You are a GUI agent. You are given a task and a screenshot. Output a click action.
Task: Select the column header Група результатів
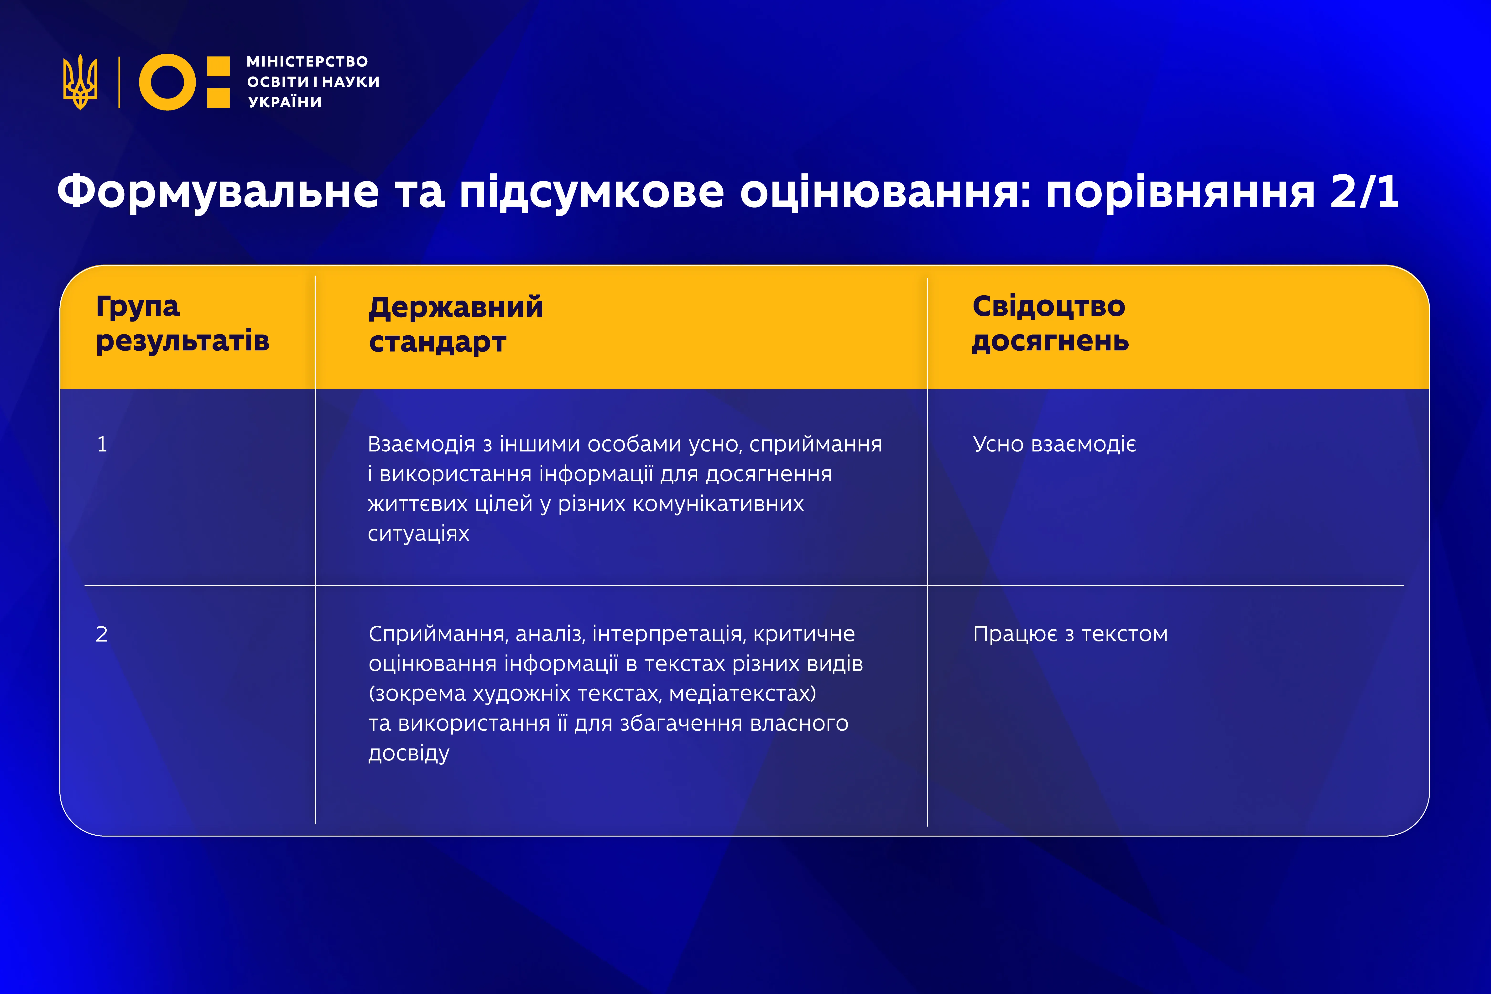click(182, 324)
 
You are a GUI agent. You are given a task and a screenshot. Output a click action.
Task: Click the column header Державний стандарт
click(456, 324)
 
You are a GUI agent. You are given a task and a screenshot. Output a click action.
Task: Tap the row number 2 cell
click(101, 634)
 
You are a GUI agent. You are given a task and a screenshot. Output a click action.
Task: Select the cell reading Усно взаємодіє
click(1054, 444)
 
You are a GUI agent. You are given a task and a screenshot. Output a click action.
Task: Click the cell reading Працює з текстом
click(1070, 634)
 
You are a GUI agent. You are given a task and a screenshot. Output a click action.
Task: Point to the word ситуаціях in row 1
click(418, 534)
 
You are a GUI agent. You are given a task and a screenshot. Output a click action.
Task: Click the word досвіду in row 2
click(409, 753)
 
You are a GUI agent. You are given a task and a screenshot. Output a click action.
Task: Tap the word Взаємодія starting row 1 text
click(421, 444)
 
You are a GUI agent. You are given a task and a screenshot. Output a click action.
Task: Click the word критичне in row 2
click(804, 634)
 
